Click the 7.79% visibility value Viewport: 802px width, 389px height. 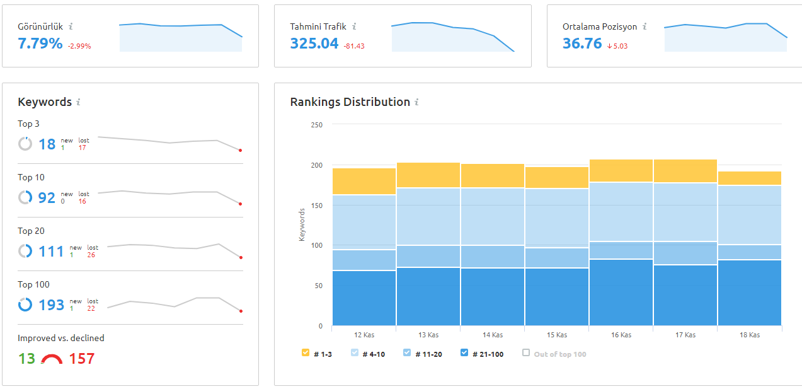40,44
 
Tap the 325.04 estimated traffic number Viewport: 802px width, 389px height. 314,44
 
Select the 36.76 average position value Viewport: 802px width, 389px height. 582,44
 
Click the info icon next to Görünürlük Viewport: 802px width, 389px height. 71,26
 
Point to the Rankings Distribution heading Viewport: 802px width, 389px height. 350,102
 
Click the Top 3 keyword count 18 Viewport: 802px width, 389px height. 47,144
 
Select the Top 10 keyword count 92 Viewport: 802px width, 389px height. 47,198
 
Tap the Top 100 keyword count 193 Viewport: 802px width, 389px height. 51,305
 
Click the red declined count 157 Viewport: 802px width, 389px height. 82,359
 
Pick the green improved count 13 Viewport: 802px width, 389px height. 27,359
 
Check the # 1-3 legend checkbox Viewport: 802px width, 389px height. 306,353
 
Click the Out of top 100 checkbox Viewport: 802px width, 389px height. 526,353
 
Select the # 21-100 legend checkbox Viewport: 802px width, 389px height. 464,353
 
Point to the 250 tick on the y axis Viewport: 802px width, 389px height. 316,125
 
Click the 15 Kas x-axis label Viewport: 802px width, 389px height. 557,335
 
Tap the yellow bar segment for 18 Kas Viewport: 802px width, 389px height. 750,178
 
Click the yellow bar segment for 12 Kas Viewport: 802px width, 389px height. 364,182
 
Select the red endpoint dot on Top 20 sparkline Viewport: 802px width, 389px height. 241,257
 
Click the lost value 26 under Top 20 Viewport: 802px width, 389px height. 91,255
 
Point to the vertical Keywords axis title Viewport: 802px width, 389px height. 302,225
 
